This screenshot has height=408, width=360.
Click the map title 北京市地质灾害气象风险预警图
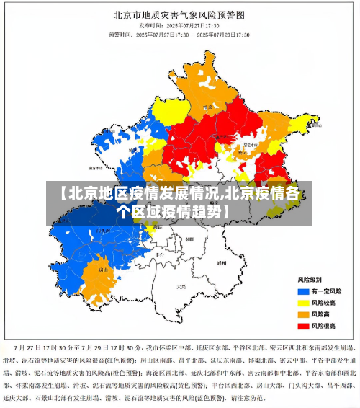[x=180, y=14]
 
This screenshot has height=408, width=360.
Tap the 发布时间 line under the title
[x=180, y=25]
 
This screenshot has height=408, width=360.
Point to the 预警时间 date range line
[x=180, y=34]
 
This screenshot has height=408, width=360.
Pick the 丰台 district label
[x=160, y=254]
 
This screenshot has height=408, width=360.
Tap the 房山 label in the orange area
[x=103, y=270]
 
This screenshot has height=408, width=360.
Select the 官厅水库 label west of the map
[x=96, y=167]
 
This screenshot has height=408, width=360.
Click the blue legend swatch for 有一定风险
[x=302, y=291]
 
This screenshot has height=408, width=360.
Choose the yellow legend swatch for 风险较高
[x=302, y=302]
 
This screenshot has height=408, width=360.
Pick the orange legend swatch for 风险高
[x=302, y=314]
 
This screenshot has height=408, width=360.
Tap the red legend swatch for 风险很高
[x=302, y=326]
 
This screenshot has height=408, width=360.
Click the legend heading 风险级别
[x=310, y=279]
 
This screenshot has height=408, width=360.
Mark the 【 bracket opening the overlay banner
[x=63, y=194]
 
